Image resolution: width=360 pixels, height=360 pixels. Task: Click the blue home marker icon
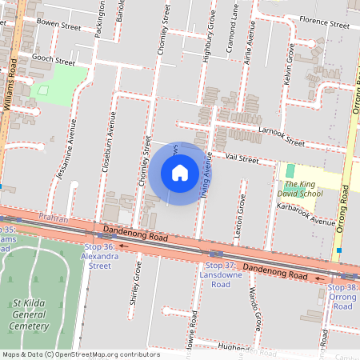tap(180, 173)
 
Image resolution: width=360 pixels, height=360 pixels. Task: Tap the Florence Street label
tap(324, 23)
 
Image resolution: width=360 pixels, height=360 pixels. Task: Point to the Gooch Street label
tap(53, 61)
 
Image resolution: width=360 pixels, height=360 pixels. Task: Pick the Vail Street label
tap(242, 159)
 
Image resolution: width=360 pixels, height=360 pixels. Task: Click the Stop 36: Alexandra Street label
tap(100, 257)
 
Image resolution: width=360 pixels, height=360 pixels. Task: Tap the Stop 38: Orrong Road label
tap(342, 296)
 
